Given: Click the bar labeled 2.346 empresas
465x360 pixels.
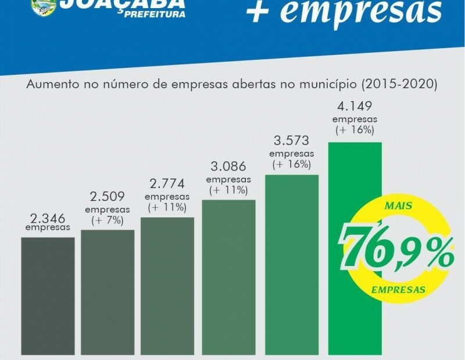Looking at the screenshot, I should [x=48, y=296].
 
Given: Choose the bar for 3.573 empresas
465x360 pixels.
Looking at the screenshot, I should [x=292, y=264].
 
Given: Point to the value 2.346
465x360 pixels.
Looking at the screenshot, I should [x=48, y=218].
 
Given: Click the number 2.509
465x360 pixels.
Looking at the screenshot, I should [x=108, y=197].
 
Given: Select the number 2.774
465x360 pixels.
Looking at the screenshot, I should [x=167, y=184].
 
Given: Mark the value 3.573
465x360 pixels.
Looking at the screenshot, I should [x=292, y=141].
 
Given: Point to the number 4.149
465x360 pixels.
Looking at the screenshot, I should [x=355, y=107].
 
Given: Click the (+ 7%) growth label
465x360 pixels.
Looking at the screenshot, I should [x=108, y=221].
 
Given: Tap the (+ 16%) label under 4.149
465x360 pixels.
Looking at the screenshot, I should [x=355, y=131].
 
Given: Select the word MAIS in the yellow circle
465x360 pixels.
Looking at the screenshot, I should [x=399, y=206].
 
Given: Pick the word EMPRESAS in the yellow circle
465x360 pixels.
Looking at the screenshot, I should [x=398, y=289].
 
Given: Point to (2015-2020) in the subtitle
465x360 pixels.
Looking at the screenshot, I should [x=398, y=84].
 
